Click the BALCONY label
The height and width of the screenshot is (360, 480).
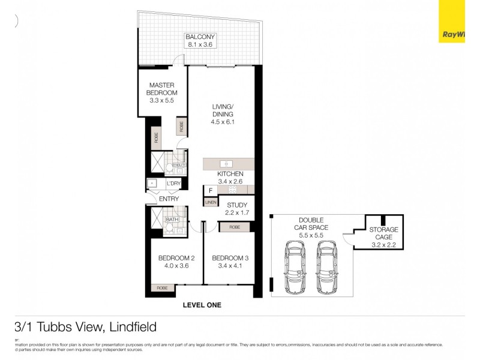point(200,37)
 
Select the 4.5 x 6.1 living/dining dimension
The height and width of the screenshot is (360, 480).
point(222,122)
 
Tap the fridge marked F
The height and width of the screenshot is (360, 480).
point(210,191)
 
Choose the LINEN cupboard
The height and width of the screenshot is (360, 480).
point(210,203)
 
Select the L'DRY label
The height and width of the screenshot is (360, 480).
point(173,184)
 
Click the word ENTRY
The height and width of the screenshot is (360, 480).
point(169,199)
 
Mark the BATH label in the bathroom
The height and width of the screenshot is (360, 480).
point(172,220)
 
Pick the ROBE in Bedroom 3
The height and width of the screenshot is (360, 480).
point(235,227)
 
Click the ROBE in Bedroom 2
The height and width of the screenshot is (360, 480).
point(162,289)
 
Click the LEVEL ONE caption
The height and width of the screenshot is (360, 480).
point(202,305)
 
